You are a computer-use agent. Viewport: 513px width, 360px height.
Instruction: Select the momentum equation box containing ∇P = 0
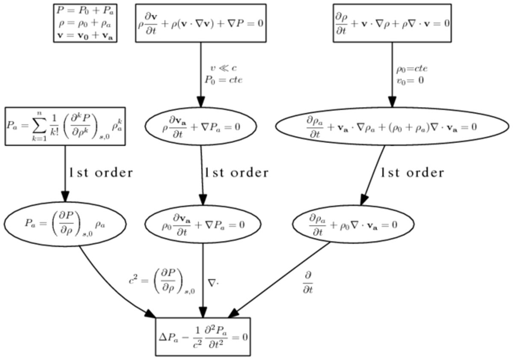tap(201, 23)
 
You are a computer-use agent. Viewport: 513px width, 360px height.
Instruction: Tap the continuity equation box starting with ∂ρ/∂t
tap(392, 23)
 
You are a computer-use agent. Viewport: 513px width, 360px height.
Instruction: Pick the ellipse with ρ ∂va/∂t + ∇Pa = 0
tap(201, 127)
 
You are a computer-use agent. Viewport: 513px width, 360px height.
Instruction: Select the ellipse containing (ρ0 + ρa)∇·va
tap(391, 127)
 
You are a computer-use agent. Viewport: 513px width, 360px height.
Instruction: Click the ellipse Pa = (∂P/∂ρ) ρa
tap(65, 224)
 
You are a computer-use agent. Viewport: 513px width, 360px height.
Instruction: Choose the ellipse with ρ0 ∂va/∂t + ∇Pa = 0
tap(202, 224)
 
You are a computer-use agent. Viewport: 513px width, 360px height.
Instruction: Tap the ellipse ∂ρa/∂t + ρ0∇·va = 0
tap(353, 224)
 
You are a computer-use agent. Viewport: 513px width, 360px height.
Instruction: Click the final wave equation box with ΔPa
tap(202, 336)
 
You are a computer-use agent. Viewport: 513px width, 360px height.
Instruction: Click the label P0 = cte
tap(223, 80)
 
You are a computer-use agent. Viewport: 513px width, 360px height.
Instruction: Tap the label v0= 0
tap(410, 80)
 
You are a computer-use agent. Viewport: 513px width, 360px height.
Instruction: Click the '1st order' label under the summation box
tap(101, 173)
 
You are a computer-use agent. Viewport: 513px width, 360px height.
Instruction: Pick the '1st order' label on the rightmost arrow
tap(412, 173)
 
